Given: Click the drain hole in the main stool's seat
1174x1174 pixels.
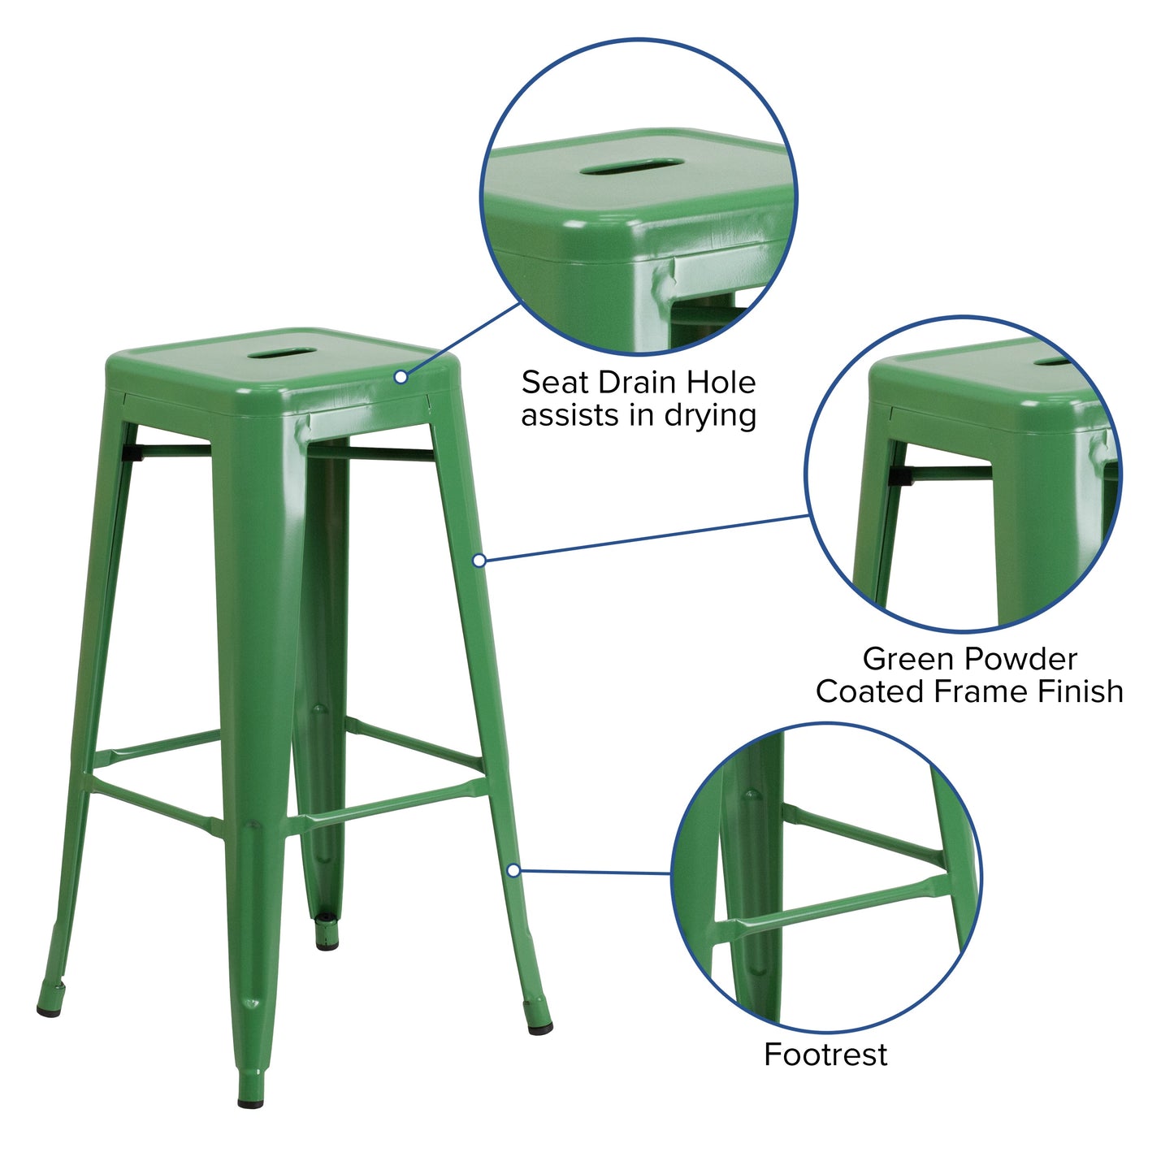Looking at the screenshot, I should (282, 353).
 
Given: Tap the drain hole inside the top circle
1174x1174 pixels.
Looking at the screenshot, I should (632, 168).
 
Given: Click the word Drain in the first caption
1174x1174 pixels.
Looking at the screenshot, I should (639, 382).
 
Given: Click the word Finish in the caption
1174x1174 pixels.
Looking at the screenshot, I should (1080, 691).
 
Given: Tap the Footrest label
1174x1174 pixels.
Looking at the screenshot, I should (825, 1055).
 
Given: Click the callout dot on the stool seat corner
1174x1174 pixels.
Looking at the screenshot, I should (401, 377).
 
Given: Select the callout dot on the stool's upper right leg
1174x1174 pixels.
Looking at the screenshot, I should (479, 560).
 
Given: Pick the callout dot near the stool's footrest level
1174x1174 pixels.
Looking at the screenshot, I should (513, 871).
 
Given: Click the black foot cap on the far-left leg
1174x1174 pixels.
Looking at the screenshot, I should (50, 1010).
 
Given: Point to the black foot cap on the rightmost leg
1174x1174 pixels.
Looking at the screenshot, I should (540, 1029).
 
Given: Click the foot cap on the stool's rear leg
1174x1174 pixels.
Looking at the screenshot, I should (327, 944).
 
